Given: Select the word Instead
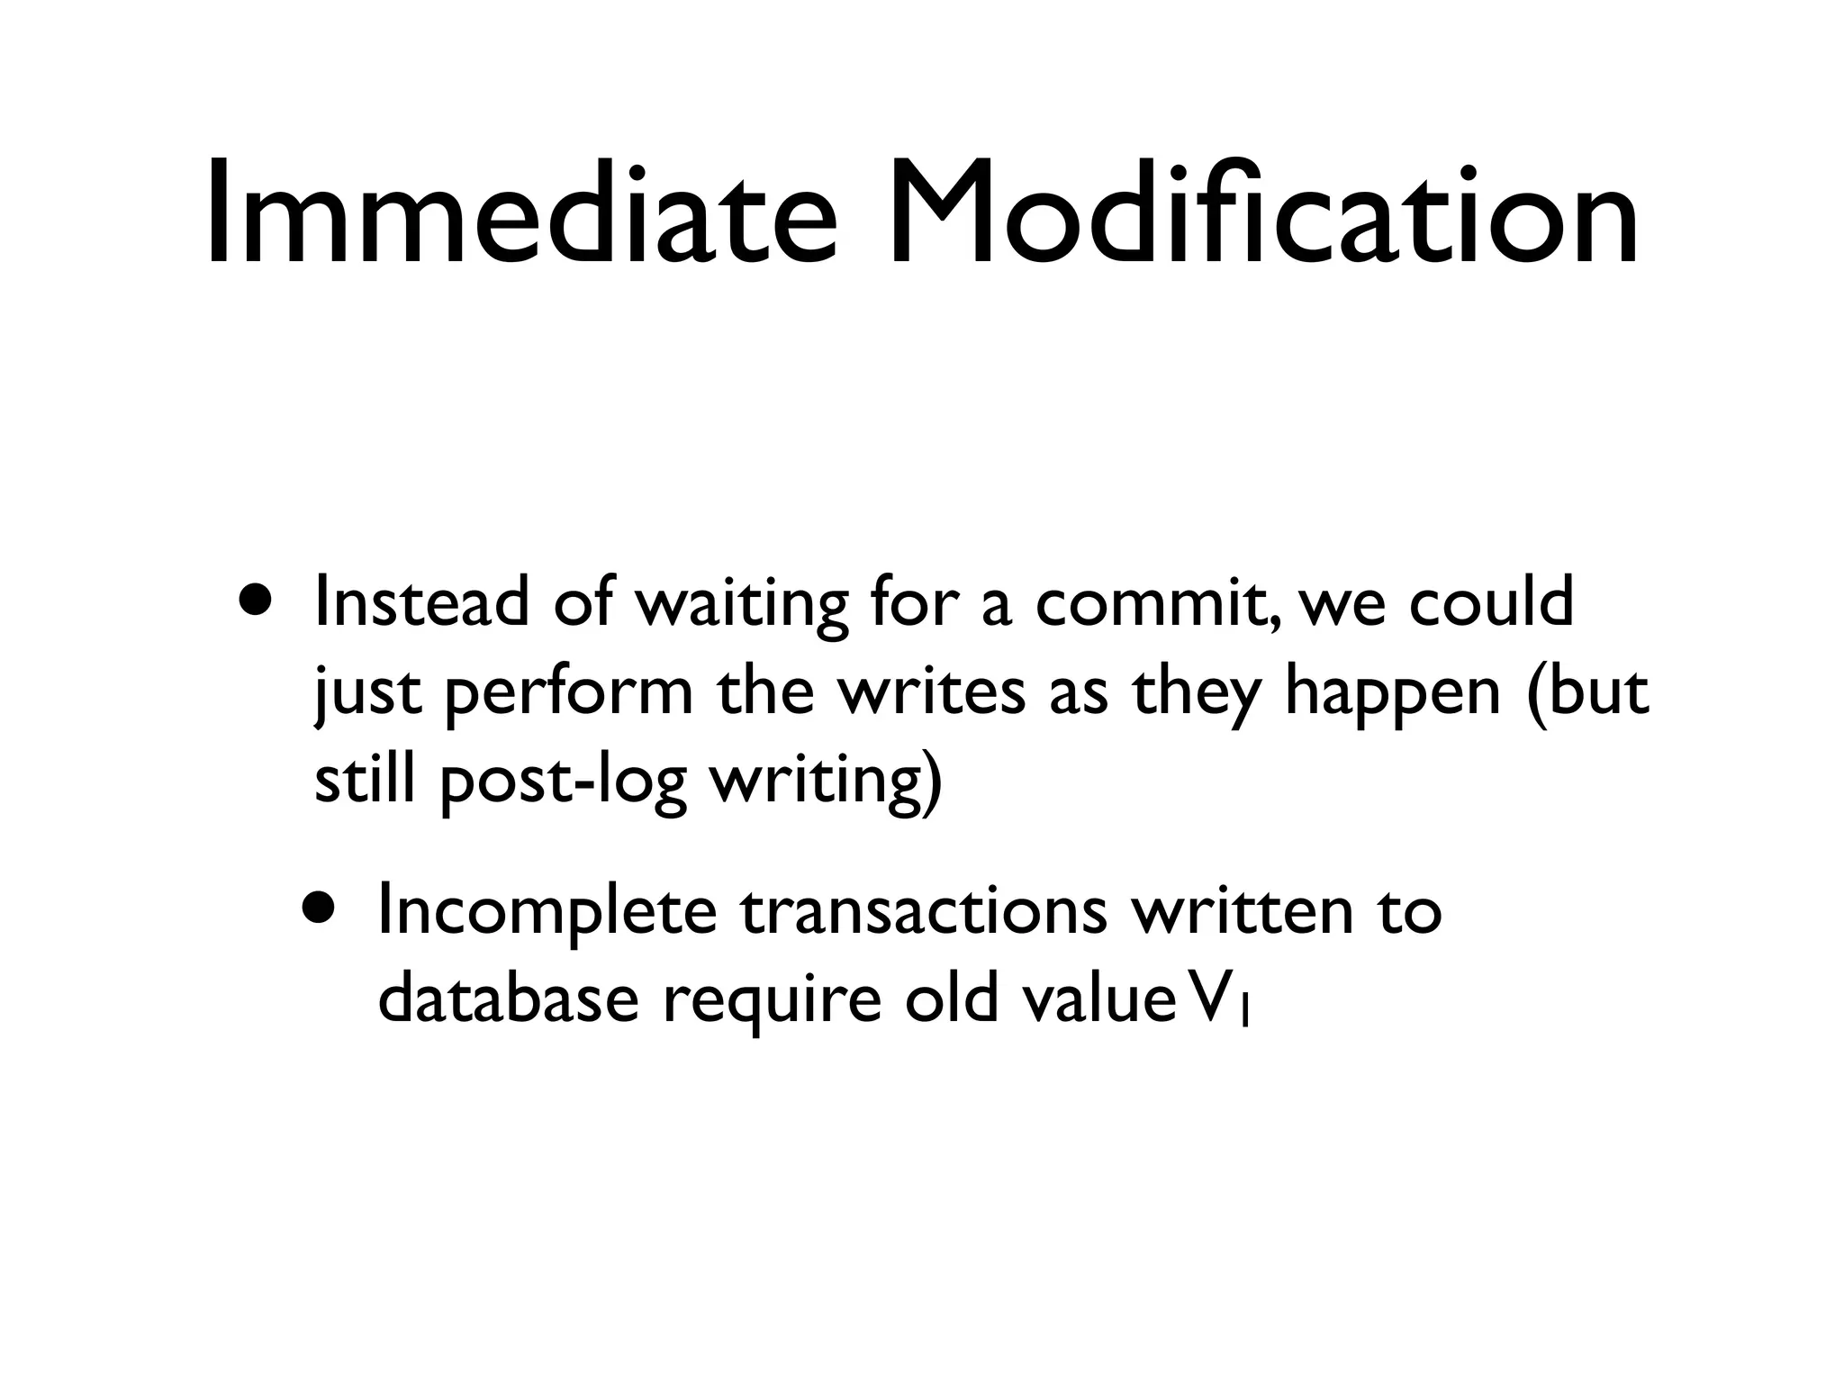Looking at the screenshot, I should (421, 602).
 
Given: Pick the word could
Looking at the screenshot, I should (1490, 602).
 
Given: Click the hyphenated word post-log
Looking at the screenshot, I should (563, 782).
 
